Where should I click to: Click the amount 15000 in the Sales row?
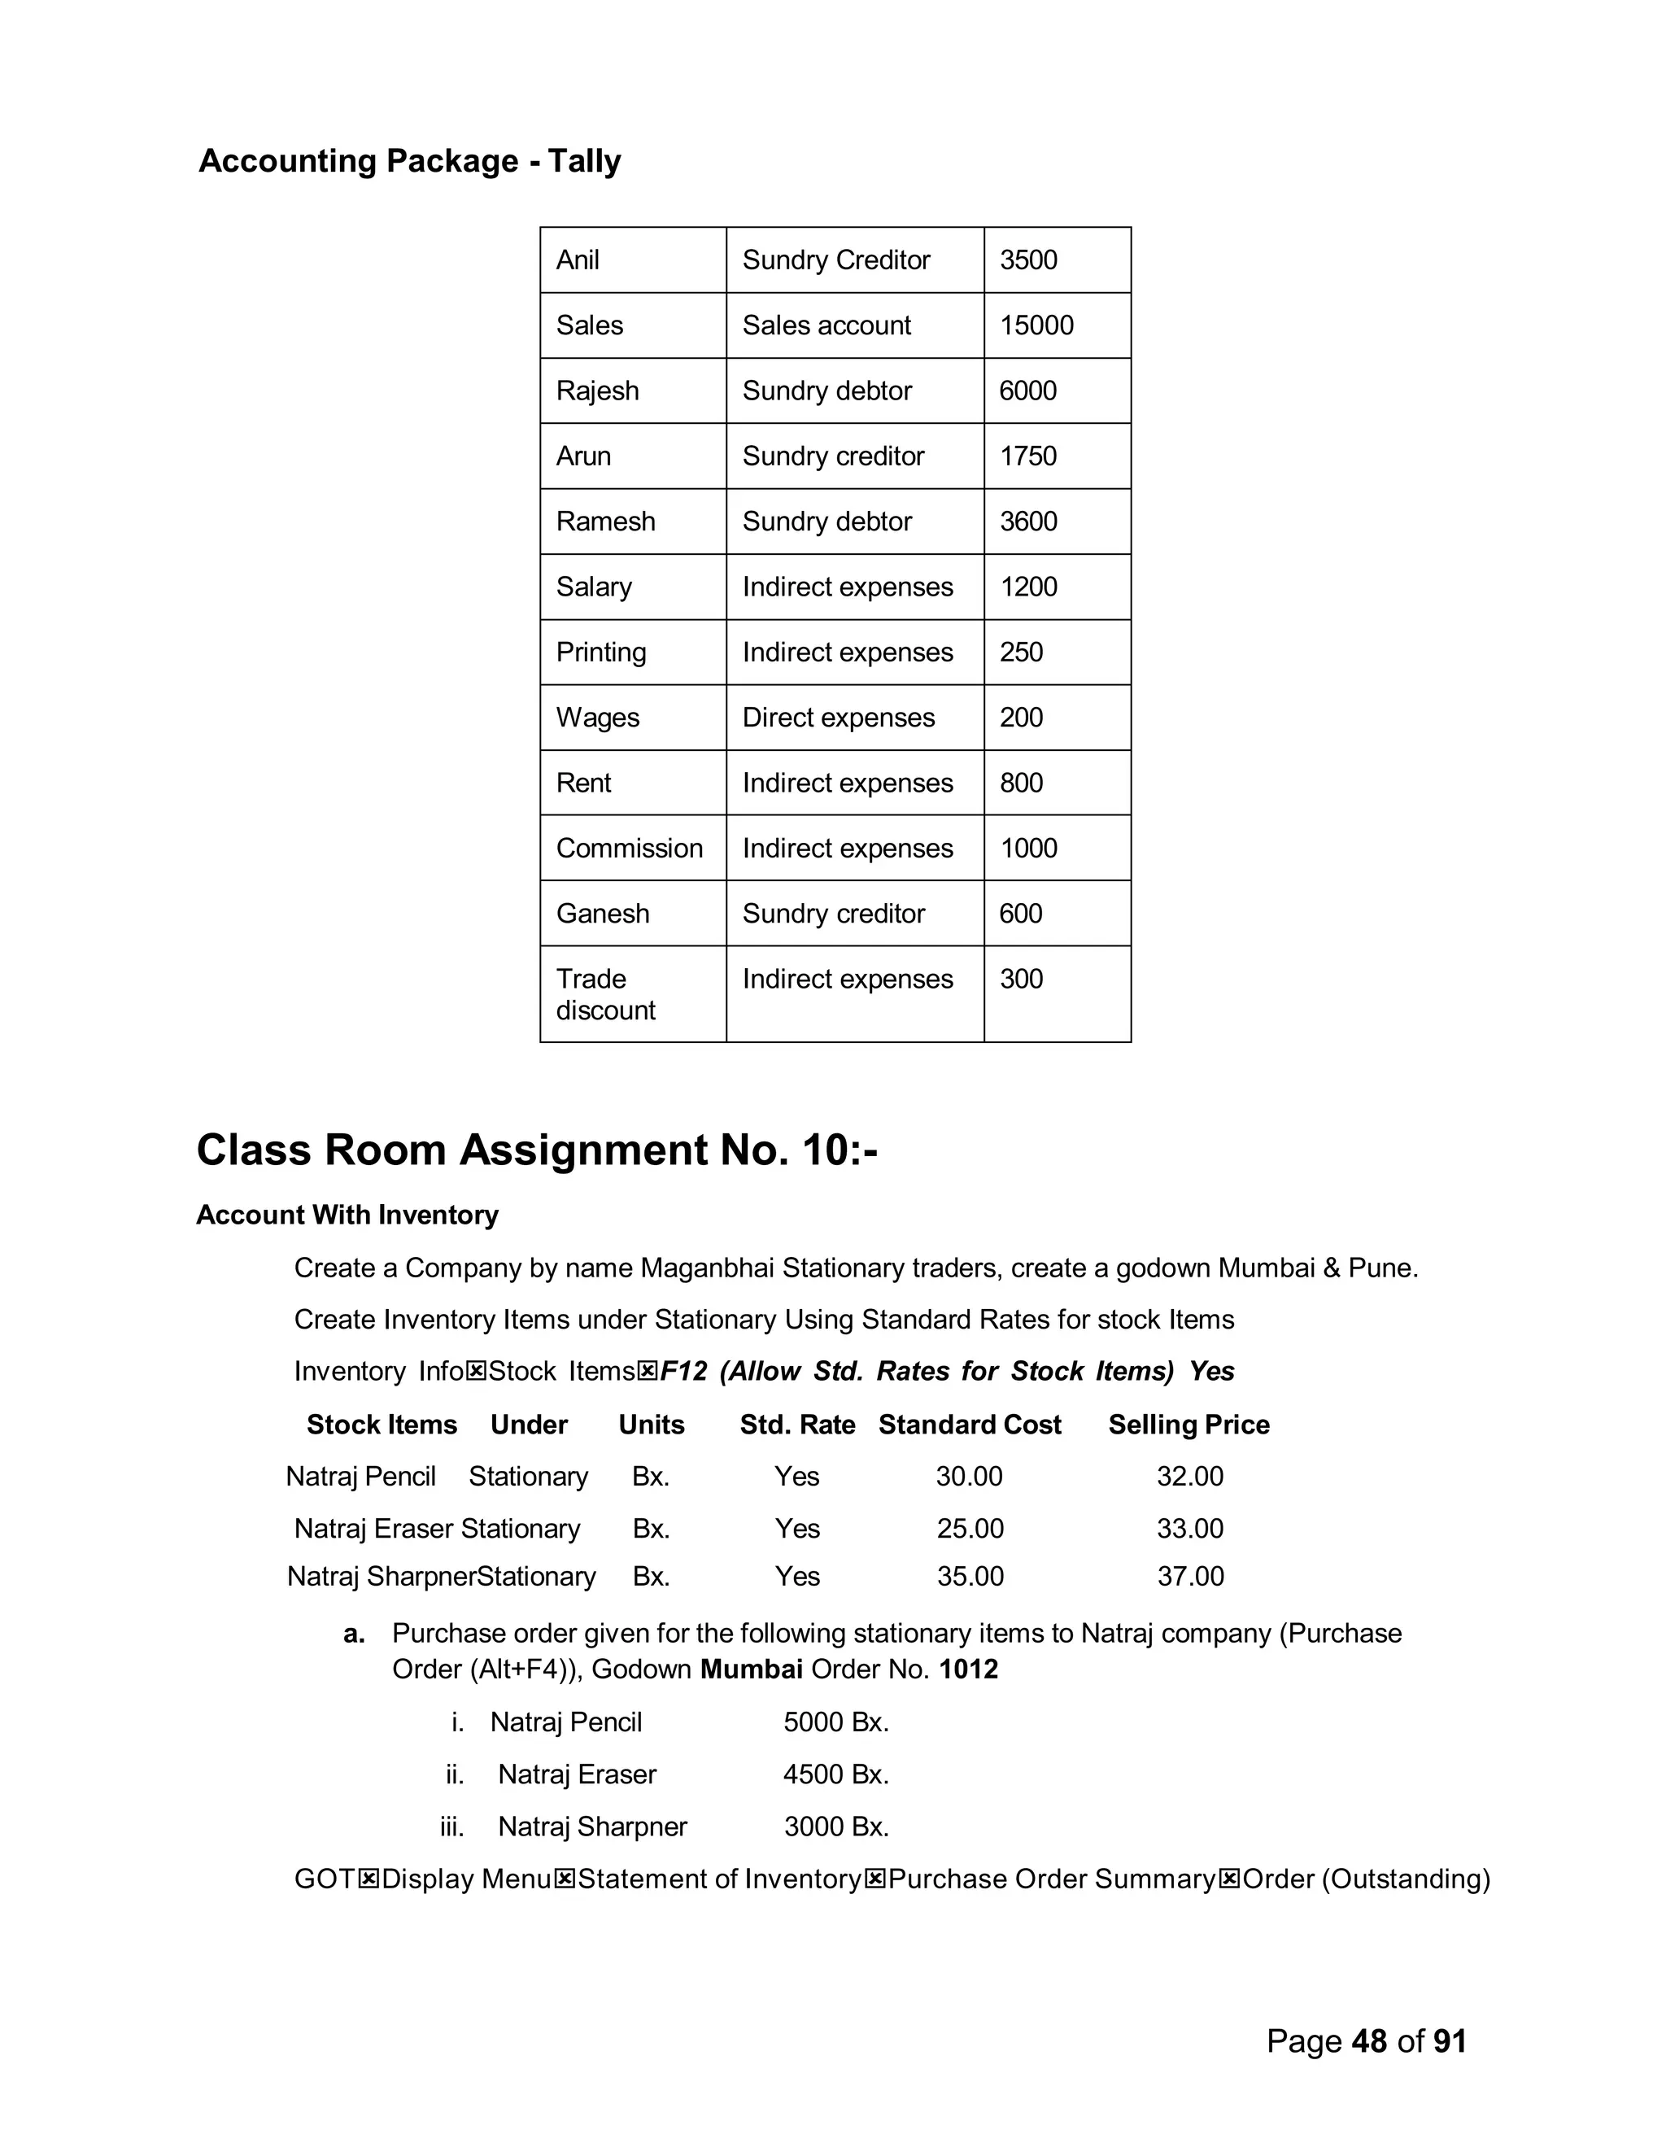pyautogui.click(x=1036, y=325)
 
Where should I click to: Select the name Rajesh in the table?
pyautogui.click(x=597, y=391)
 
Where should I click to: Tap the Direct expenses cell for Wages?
pyautogui.click(x=838, y=718)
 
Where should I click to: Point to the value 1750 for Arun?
pyautogui.click(x=1027, y=456)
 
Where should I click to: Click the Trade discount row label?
pyautogui.click(x=605, y=994)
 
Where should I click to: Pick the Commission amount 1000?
pyautogui.click(x=1028, y=848)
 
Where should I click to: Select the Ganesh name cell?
pyautogui.click(x=602, y=913)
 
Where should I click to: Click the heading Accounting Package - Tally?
pyautogui.click(x=410, y=161)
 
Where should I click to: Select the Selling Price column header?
pyautogui.click(x=1188, y=1425)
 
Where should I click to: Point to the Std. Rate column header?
pyautogui.click(x=797, y=1425)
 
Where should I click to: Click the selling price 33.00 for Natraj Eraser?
pyautogui.click(x=1190, y=1528)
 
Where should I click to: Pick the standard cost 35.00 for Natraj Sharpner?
pyautogui.click(x=970, y=1577)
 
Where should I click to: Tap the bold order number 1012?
pyautogui.click(x=968, y=1669)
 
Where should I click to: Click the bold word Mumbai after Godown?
pyautogui.click(x=751, y=1669)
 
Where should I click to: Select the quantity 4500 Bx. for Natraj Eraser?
pyautogui.click(x=836, y=1774)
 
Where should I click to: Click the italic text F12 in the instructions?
pyautogui.click(x=684, y=1371)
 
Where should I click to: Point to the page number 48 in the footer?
pyautogui.click(x=1370, y=2040)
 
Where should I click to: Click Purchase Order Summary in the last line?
pyautogui.click(x=1051, y=1879)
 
